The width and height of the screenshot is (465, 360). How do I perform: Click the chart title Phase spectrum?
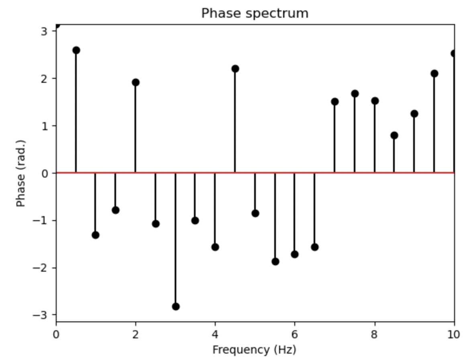coord(255,13)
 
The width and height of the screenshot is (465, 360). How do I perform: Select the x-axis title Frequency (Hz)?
coord(254,350)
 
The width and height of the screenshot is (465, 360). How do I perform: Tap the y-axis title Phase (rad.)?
coord(21,173)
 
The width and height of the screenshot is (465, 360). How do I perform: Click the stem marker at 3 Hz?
coord(175,307)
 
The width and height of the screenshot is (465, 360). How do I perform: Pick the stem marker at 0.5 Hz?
coord(76,50)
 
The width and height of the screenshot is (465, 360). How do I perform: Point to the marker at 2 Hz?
coord(136,82)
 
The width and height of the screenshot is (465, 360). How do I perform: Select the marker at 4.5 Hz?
coord(235,69)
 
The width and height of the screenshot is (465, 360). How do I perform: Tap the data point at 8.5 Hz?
coord(394,135)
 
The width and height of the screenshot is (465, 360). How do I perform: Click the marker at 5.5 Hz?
coord(275,262)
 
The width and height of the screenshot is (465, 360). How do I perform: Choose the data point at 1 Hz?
coord(96,235)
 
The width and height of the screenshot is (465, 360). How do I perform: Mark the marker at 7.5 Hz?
coord(355,94)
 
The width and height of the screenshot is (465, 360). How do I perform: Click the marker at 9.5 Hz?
coord(434,74)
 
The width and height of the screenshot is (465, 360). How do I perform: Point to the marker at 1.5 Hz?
coord(116,210)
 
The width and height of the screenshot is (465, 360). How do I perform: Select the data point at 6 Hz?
coord(295,254)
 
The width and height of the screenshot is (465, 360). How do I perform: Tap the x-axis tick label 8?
coord(374,334)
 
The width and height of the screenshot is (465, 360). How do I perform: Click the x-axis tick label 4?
coord(215,334)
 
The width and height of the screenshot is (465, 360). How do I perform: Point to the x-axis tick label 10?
coord(454,334)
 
